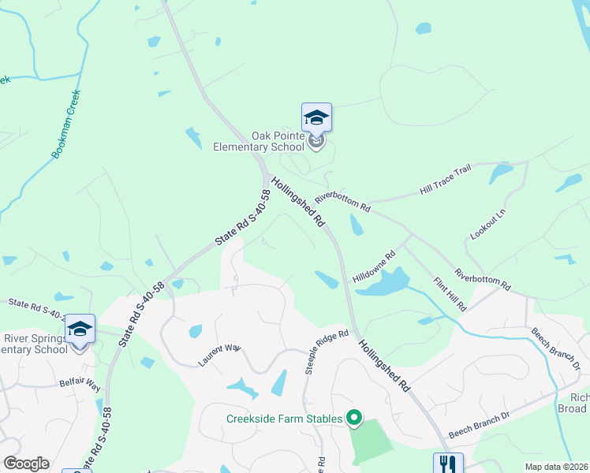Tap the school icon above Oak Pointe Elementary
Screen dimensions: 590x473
click(316, 118)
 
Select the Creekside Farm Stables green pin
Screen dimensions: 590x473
click(355, 418)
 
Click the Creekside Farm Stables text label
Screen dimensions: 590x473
click(284, 419)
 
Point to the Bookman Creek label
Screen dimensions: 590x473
click(66, 125)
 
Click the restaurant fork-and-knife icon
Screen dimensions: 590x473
click(446, 464)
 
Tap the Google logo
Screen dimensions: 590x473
click(26, 464)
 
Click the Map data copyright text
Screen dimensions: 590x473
click(556, 467)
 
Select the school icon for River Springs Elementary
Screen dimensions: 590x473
click(80, 328)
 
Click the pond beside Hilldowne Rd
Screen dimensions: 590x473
click(383, 281)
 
